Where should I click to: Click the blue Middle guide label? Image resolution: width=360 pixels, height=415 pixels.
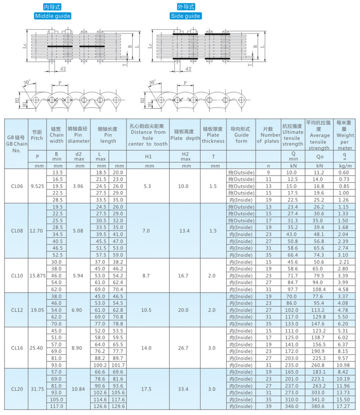click(52, 16)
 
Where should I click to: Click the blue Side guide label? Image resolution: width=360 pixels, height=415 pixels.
click(186, 16)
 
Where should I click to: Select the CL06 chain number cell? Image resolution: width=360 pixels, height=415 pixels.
click(17, 186)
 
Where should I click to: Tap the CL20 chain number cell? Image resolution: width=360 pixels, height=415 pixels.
click(17, 389)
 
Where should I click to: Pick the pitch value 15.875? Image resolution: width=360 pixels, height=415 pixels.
click(38, 275)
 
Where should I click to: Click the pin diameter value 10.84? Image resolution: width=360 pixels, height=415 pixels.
click(78, 389)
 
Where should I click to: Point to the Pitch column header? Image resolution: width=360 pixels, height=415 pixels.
click(37, 135)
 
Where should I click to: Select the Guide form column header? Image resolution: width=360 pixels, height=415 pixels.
click(241, 135)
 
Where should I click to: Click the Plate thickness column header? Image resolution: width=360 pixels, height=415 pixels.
click(213, 135)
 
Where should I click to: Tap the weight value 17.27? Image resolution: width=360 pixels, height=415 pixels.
click(343, 406)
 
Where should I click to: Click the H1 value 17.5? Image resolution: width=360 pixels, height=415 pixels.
click(146, 389)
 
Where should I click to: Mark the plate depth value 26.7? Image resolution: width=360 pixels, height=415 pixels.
click(183, 348)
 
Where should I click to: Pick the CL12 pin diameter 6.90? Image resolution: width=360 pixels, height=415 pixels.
click(77, 310)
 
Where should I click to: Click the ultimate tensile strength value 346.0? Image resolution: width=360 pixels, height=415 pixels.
click(292, 406)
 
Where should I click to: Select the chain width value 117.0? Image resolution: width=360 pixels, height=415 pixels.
click(57, 406)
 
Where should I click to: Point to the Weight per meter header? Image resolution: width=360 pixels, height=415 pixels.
click(345, 135)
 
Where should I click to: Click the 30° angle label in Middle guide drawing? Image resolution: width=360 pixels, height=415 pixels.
click(27, 82)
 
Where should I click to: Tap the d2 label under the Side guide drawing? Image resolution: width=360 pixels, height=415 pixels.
click(188, 69)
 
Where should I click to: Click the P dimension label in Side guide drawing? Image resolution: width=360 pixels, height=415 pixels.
click(185, 83)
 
